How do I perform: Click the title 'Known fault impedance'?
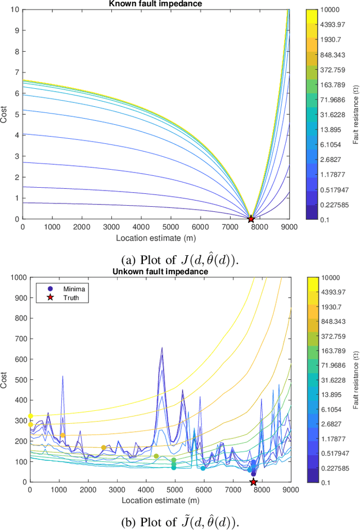[x=156, y=4]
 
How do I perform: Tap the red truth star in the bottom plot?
[x=253, y=482]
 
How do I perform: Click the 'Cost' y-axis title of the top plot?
[x=5, y=114]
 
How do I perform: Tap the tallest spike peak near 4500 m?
[x=162, y=348]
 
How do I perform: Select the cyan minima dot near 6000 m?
[x=203, y=468]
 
